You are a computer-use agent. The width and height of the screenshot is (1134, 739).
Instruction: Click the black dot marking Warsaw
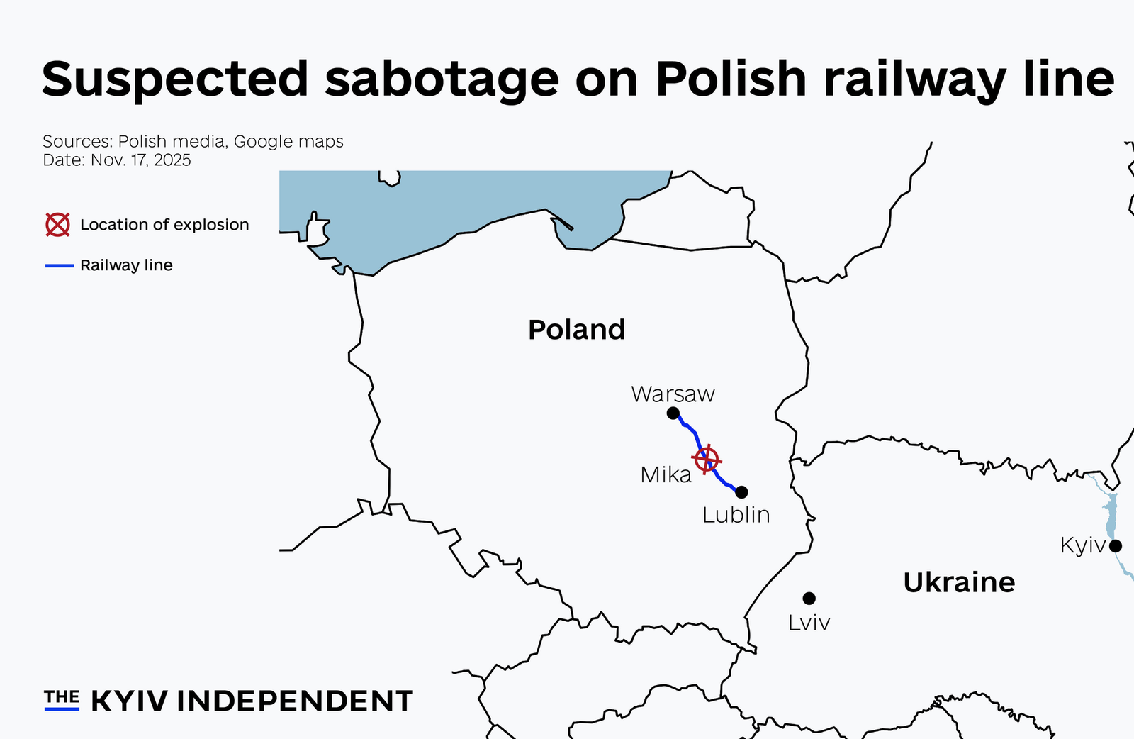[673, 413]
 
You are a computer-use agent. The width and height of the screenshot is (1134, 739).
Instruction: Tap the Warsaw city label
[673, 394]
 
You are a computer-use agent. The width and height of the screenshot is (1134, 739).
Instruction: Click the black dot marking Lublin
[741, 492]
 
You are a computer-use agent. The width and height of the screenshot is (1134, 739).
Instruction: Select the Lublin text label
[736, 515]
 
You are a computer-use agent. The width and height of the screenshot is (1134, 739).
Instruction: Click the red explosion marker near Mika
[707, 460]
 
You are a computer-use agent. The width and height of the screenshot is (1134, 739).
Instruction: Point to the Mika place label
[666, 475]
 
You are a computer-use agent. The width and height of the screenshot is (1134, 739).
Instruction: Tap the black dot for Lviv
[809, 599]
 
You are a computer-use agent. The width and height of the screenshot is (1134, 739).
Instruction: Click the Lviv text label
[809, 623]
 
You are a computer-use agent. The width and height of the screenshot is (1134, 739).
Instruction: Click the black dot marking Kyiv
[1116, 545]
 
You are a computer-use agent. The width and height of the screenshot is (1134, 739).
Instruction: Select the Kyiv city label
[1082, 545]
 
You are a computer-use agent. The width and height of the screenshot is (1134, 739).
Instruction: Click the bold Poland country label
[576, 330]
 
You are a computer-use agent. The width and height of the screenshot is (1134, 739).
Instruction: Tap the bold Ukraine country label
[959, 582]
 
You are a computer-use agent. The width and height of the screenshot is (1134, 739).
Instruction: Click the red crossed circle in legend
[58, 225]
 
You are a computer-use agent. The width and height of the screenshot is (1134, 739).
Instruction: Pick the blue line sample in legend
[60, 265]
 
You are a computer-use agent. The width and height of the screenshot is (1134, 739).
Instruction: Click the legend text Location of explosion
[164, 225]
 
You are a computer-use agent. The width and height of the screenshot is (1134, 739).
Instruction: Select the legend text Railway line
[126, 265]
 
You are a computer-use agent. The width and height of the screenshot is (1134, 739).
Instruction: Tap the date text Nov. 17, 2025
[140, 160]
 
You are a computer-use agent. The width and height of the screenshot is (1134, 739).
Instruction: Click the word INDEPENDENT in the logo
[294, 701]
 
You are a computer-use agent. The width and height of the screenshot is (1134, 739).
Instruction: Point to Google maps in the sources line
[288, 141]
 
